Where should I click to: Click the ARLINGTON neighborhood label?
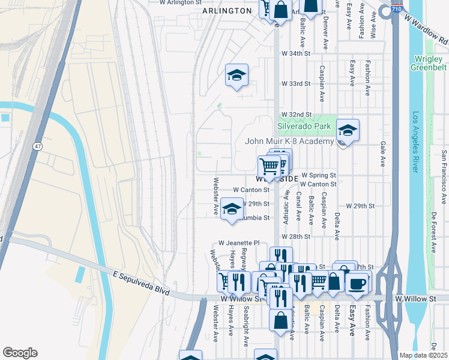227,11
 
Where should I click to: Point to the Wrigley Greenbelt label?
429,63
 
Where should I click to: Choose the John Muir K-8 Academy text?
290,141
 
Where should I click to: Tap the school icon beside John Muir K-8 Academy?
347,130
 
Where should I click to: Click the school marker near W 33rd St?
237,75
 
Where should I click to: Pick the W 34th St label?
295,53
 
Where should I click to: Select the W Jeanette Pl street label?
238,243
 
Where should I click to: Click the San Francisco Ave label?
444,177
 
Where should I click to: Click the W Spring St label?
318,175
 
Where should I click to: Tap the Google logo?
20,353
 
